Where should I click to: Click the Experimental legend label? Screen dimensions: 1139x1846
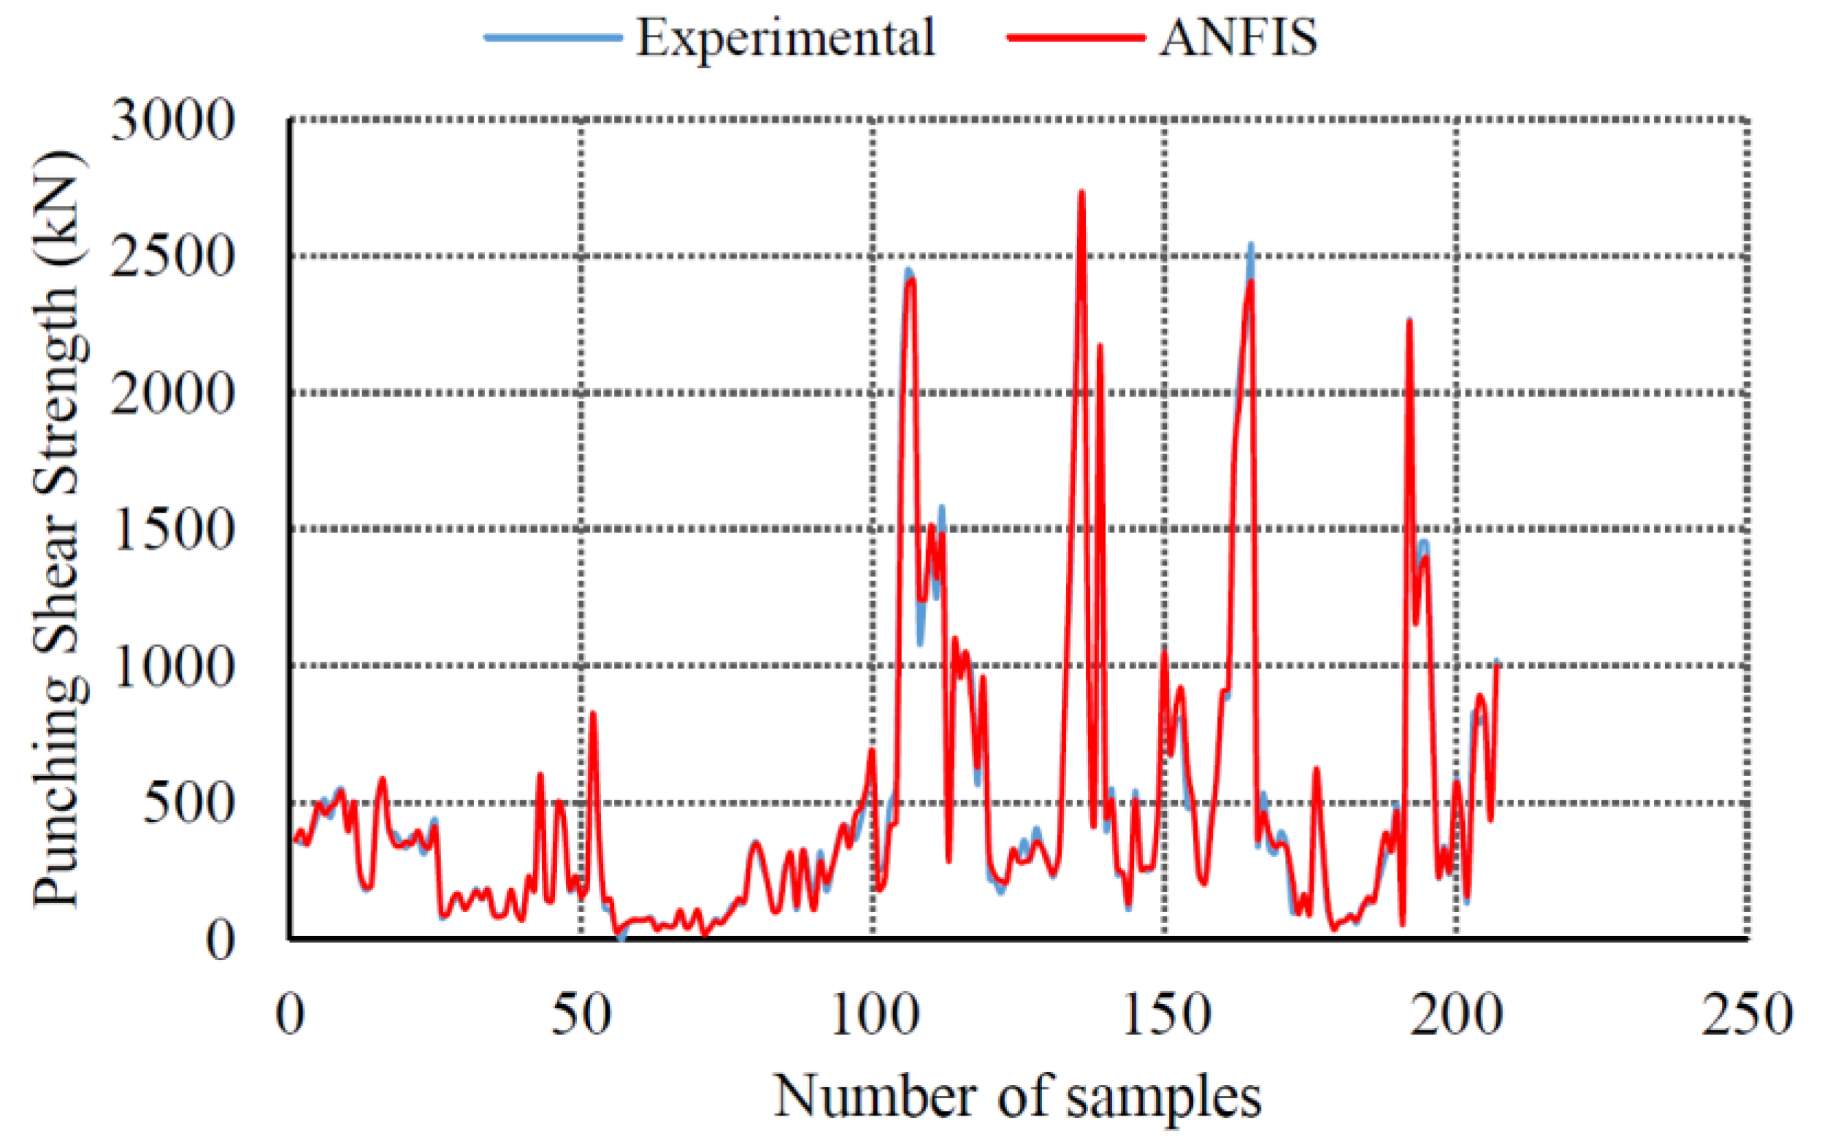(x=785, y=38)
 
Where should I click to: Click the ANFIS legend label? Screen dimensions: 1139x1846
(x=1238, y=38)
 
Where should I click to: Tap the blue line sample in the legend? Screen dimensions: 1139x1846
(x=554, y=37)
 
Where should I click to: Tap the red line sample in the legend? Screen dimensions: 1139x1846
(x=1076, y=37)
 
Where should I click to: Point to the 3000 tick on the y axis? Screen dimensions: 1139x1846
(x=172, y=120)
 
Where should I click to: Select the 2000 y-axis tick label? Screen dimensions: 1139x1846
(x=172, y=394)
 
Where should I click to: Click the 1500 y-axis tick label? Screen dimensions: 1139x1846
(x=172, y=530)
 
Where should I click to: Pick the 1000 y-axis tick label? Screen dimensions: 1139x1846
(x=172, y=667)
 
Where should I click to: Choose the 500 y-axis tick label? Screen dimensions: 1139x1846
(x=188, y=804)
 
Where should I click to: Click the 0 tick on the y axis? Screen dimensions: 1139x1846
(x=220, y=941)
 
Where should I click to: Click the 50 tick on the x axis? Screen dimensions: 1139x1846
(x=581, y=1016)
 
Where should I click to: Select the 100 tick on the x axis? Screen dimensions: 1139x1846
(x=873, y=1016)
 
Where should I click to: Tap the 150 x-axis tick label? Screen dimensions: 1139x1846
(x=1165, y=1016)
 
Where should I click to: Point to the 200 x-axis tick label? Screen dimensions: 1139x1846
(x=1457, y=1016)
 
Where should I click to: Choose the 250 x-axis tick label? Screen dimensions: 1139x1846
(x=1747, y=1016)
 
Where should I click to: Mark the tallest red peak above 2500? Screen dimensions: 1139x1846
(x=1081, y=193)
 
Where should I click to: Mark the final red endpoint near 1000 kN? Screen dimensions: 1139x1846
(x=1496, y=665)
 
